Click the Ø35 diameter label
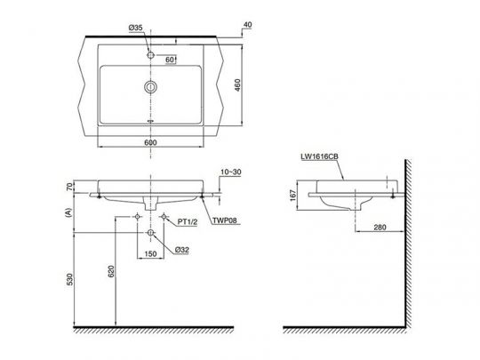click(x=134, y=28)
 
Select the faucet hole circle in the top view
click(x=151, y=55)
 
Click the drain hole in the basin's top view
click(x=151, y=87)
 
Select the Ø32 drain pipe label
click(x=180, y=250)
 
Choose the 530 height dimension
click(x=68, y=280)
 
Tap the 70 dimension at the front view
click(x=68, y=188)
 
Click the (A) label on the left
click(x=68, y=211)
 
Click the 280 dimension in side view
click(x=380, y=229)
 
